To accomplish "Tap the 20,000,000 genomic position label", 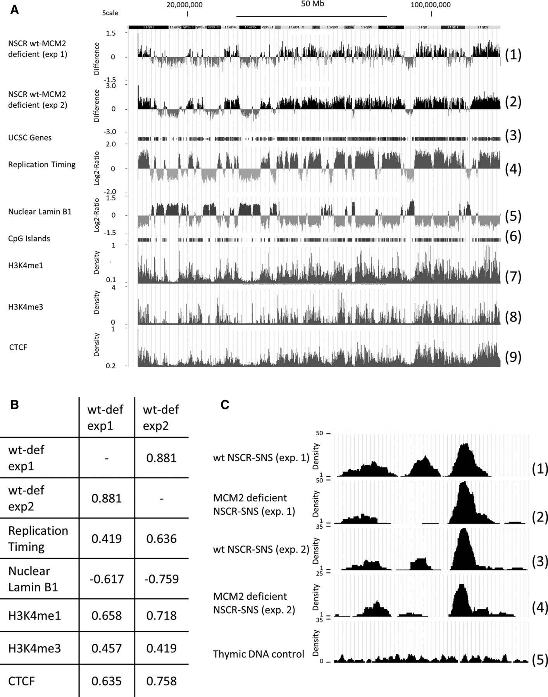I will (184, 5).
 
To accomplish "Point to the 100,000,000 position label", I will (431, 5).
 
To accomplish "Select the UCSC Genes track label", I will (30, 137).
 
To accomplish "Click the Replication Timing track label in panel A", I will (42, 165).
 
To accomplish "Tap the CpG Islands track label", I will (29, 239).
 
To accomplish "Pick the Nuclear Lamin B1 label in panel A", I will (40, 212).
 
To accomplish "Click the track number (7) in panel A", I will (513, 277).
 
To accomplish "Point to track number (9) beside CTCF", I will (513, 357).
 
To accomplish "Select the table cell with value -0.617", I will (107, 579).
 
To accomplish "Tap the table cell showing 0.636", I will (162, 539).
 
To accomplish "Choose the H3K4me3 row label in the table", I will (34, 648).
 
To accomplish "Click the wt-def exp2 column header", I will (161, 417).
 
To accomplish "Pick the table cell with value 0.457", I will (107, 648).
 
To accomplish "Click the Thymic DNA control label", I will (258, 654).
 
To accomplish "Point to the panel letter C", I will (225, 405).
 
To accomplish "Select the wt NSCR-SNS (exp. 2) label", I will (261, 549).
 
